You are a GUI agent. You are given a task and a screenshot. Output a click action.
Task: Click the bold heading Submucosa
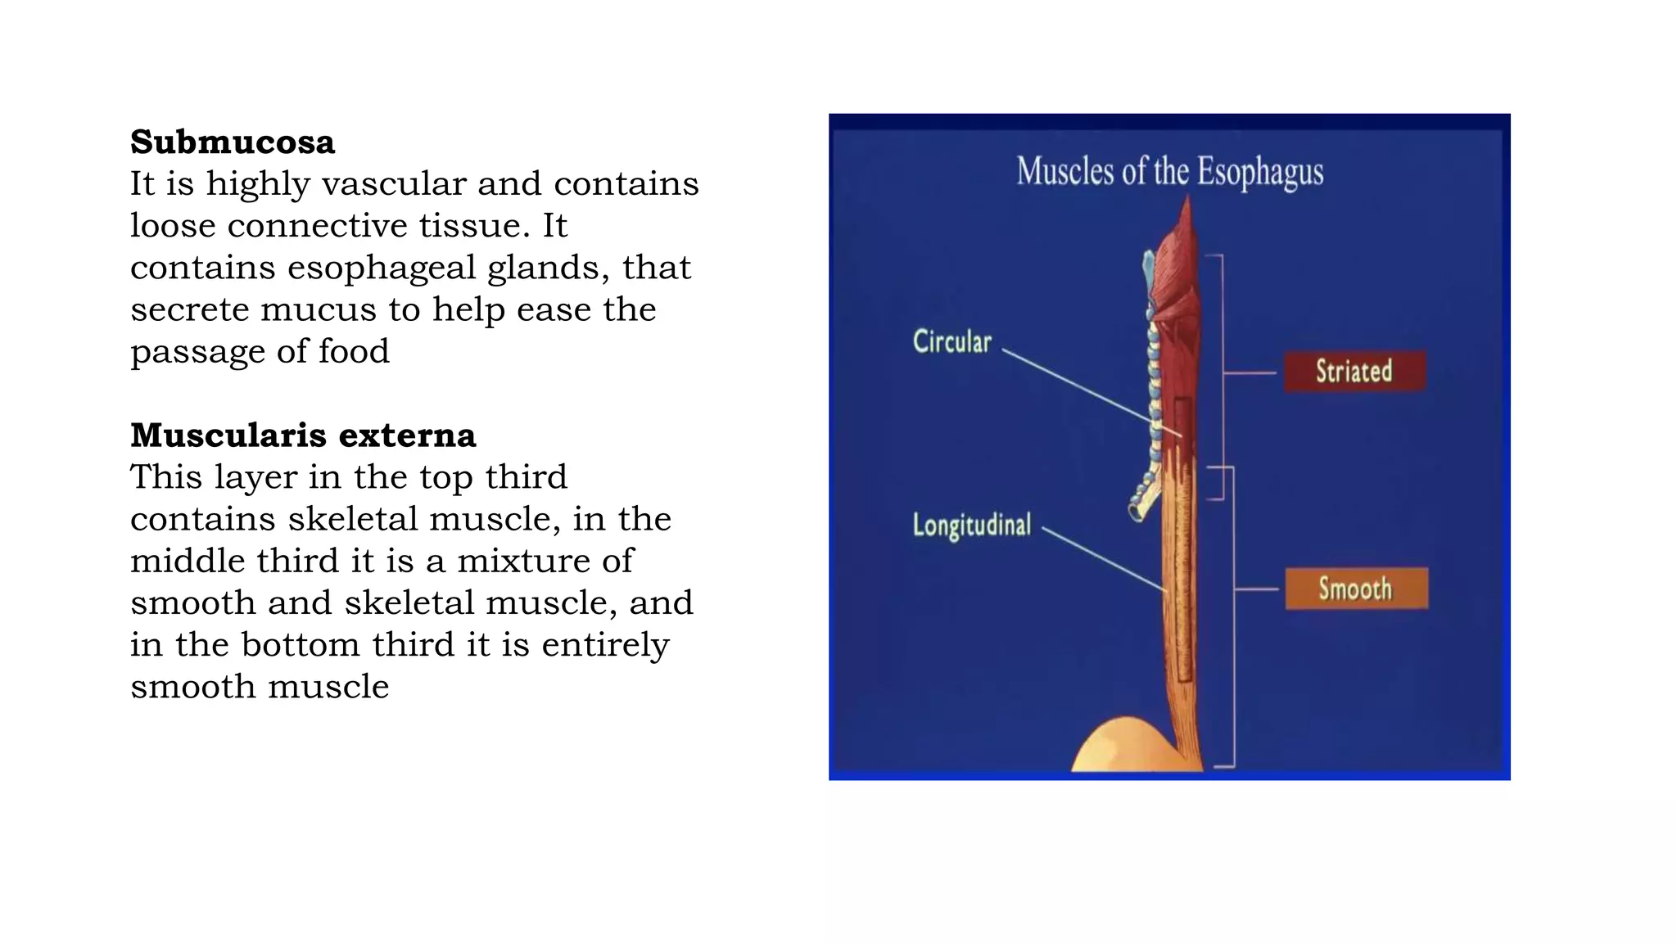(x=233, y=142)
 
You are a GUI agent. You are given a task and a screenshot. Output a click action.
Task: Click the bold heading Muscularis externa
(x=303, y=435)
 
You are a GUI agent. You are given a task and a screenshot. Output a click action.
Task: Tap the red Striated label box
(x=1354, y=372)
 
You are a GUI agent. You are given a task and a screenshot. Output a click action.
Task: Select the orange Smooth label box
(x=1355, y=589)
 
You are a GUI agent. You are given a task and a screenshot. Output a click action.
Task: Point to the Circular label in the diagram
(x=952, y=342)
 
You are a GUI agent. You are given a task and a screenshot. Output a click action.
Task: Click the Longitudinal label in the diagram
(x=972, y=525)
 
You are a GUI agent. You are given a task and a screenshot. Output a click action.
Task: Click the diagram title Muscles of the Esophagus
(x=1169, y=172)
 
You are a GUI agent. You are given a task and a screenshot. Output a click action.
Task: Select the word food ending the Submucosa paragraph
(x=354, y=352)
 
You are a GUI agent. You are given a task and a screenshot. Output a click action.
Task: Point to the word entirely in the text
(x=605, y=645)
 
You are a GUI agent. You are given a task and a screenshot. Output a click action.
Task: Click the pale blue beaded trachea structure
(x=1154, y=393)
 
